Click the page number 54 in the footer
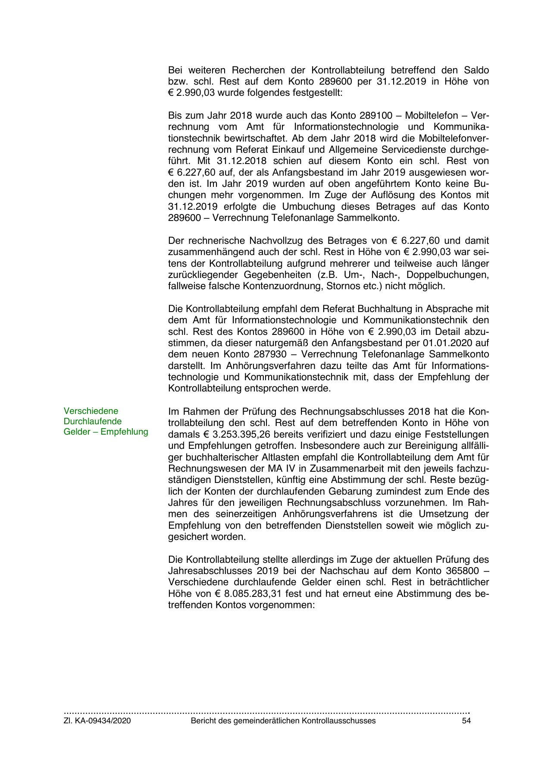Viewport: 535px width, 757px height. coord(466,721)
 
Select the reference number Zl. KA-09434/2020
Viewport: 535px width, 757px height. coord(97,721)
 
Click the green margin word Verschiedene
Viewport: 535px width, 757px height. coord(91,411)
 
